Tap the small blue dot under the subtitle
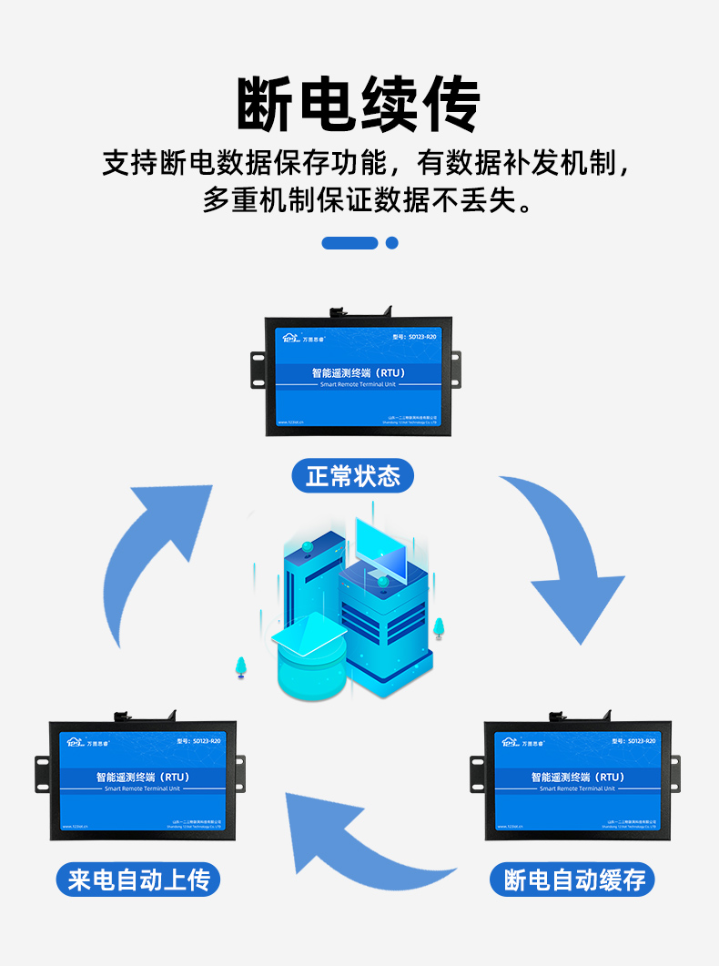click(392, 243)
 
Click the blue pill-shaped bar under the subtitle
click(349, 243)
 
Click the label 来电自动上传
click(138, 880)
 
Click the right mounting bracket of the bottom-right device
click(674, 773)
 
